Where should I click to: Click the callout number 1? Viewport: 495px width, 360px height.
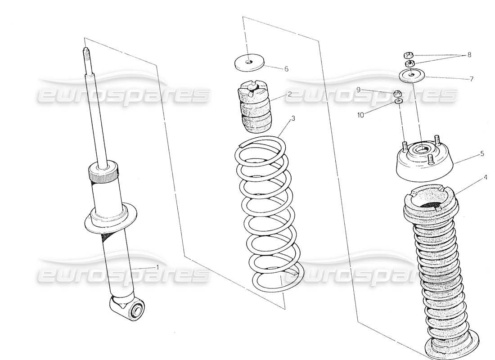[157, 267]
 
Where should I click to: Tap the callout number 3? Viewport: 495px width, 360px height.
[293, 119]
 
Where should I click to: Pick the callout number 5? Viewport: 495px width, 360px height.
[482, 153]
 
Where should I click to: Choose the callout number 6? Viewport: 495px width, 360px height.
[286, 69]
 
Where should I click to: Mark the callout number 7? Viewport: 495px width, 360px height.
[471, 79]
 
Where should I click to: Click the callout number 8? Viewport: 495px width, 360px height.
[469, 55]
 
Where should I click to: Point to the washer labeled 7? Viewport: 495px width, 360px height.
[412, 75]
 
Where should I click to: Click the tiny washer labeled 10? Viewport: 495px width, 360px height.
[398, 102]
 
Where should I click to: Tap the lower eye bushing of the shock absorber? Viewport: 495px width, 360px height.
[135, 310]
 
